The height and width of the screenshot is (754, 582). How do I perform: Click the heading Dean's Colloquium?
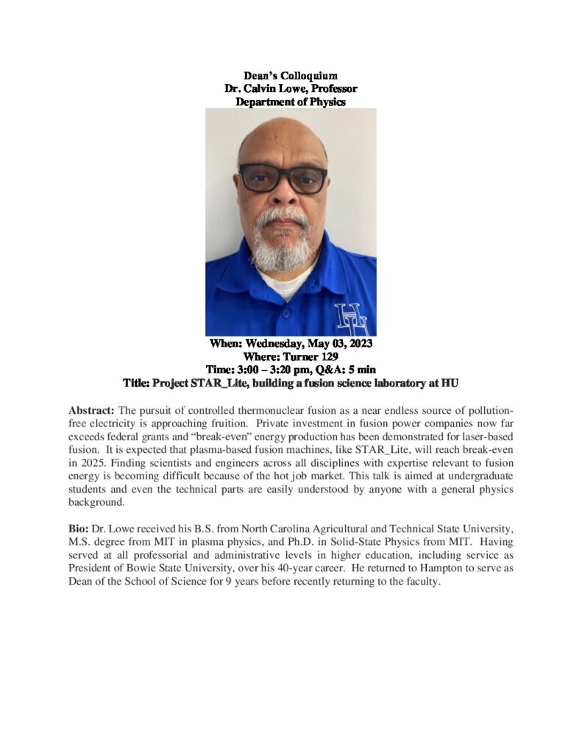(x=291, y=76)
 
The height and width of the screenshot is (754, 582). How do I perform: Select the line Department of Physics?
(x=291, y=102)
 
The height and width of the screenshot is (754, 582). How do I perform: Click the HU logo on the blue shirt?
(x=349, y=314)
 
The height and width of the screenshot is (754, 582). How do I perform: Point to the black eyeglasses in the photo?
(x=283, y=178)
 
